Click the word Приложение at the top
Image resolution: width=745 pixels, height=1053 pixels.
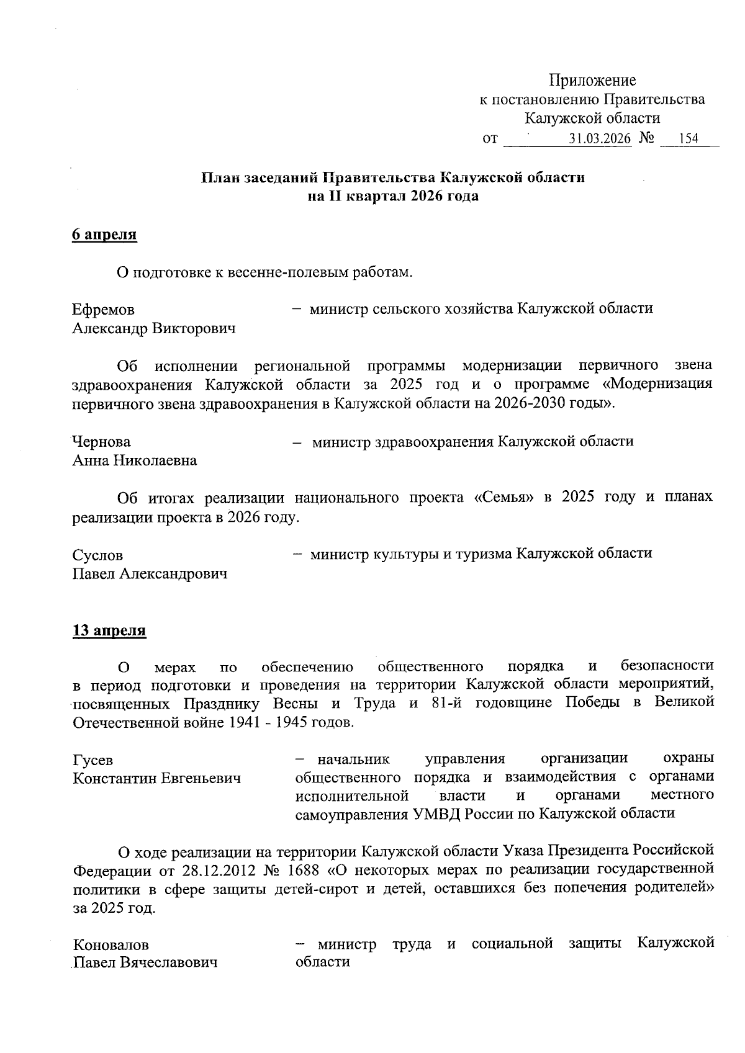click(x=592, y=81)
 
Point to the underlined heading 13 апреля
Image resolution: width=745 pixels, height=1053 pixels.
click(x=109, y=631)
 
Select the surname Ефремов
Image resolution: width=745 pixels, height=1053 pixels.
click(x=103, y=310)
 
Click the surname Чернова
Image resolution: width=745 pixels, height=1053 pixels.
click(x=102, y=442)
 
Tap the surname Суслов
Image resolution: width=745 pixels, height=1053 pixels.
click(x=97, y=555)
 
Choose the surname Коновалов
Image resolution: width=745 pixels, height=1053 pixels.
click(x=111, y=945)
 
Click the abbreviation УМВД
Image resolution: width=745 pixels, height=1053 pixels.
click(x=436, y=814)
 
